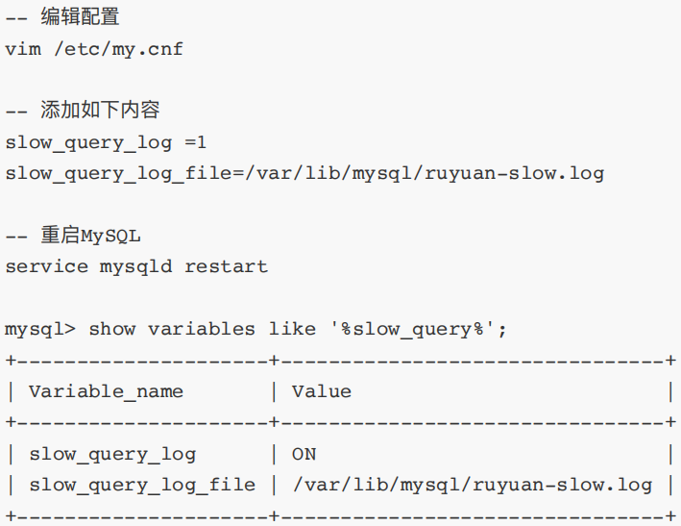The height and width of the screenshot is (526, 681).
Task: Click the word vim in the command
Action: tap(22, 49)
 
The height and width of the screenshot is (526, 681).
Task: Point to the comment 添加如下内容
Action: tap(100, 111)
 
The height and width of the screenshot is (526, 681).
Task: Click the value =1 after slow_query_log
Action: tap(195, 142)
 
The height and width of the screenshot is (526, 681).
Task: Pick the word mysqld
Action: tap(135, 266)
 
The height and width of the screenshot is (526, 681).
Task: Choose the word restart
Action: tap(226, 266)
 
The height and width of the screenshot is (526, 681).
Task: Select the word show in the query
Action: tap(111, 329)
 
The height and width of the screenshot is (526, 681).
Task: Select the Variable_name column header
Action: tap(106, 391)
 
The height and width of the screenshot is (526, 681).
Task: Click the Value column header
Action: tap(321, 391)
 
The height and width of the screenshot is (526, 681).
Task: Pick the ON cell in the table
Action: tap(304, 454)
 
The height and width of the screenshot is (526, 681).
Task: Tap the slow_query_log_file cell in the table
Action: tap(141, 485)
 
